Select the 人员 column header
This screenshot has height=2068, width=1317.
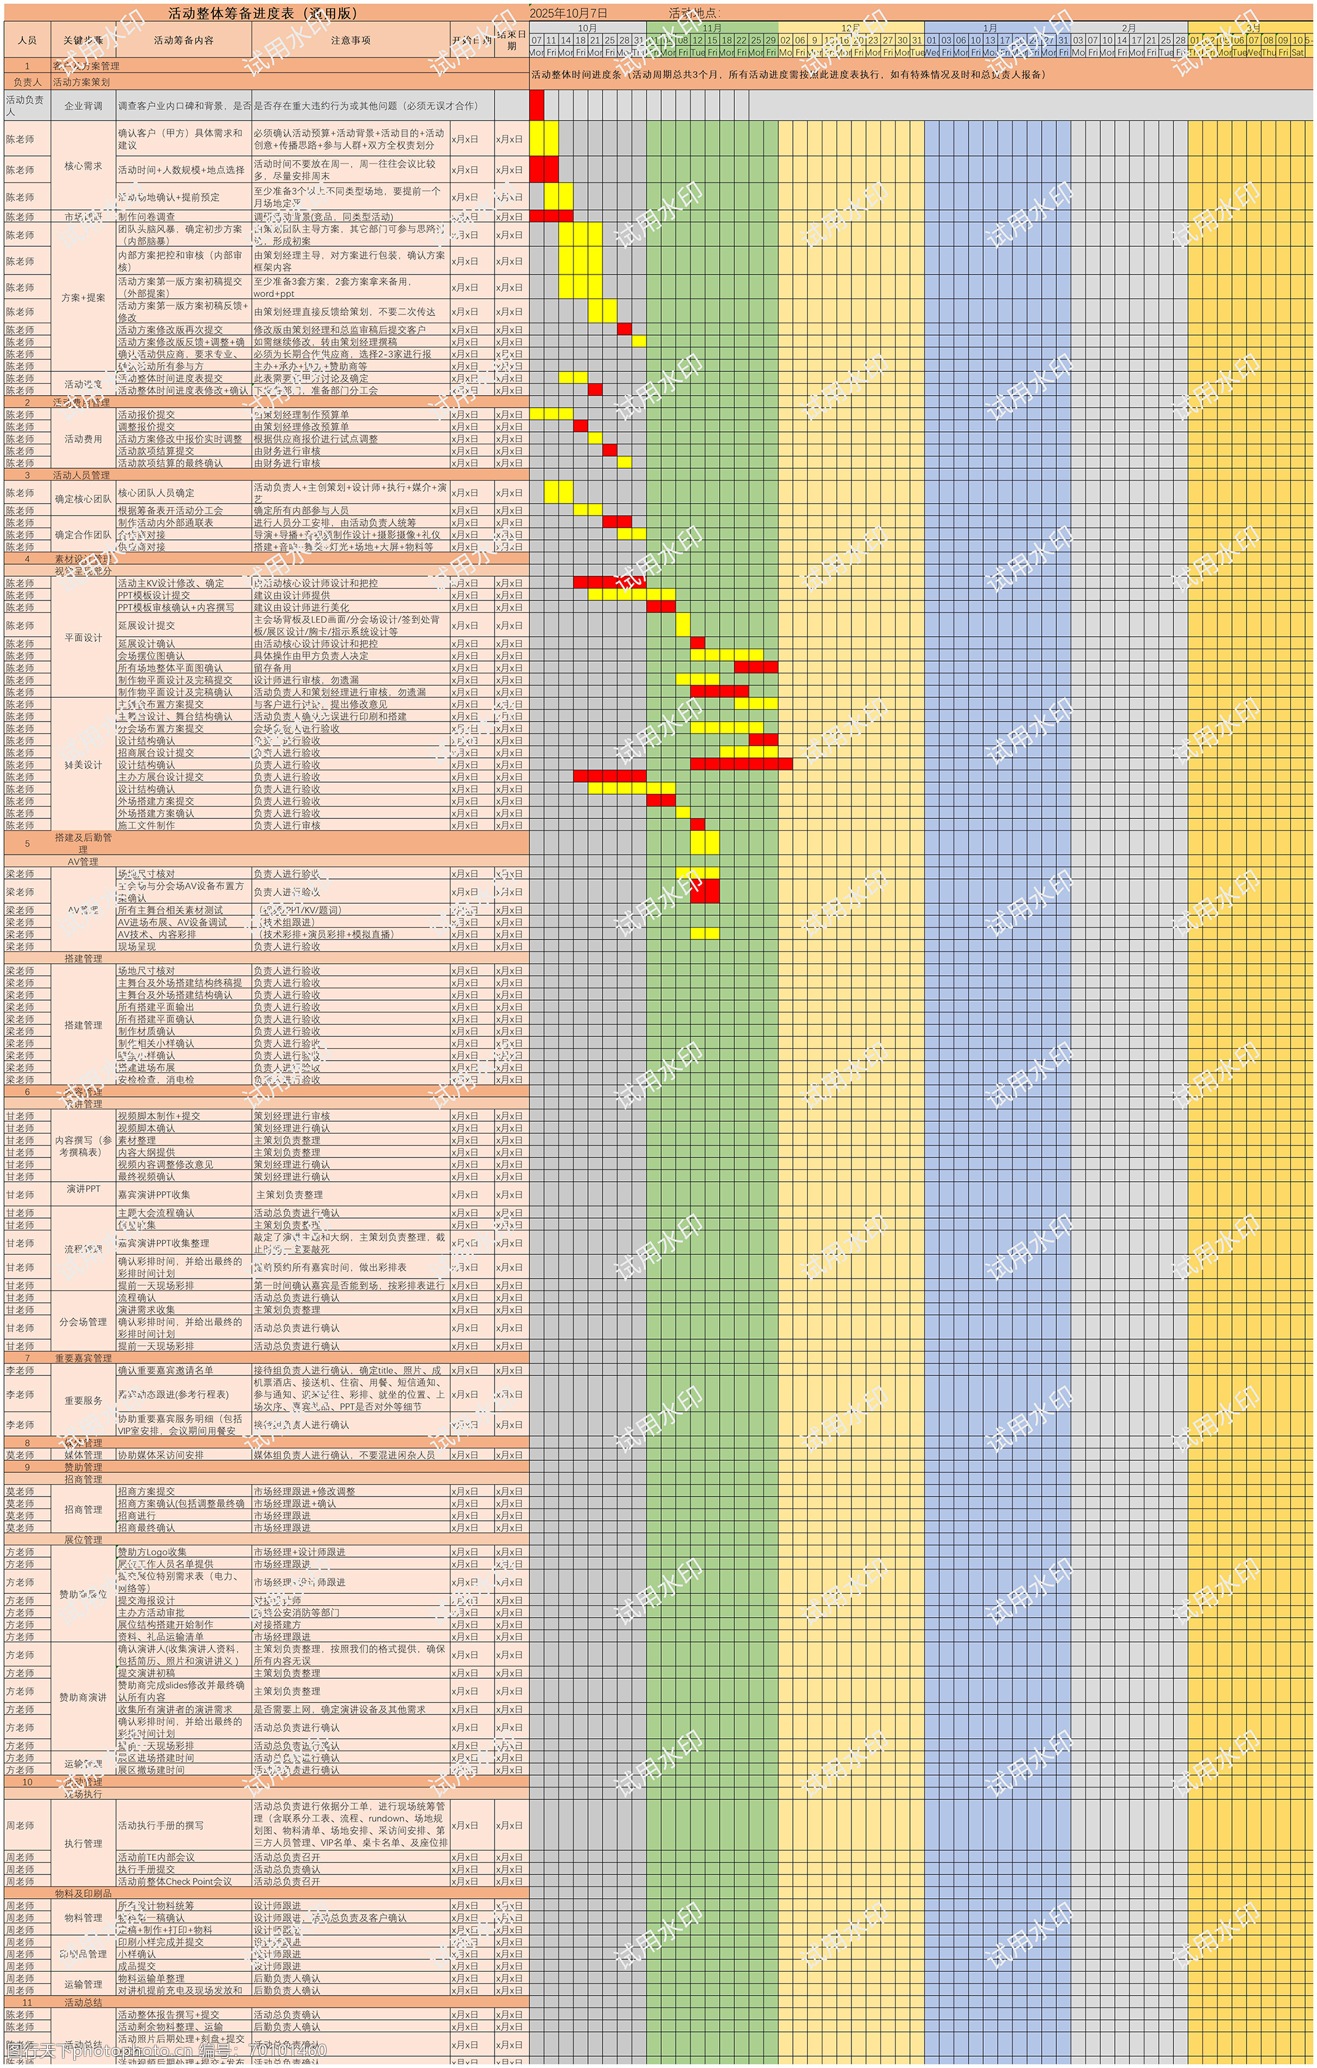(x=26, y=40)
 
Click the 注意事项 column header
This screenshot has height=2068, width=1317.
(x=350, y=40)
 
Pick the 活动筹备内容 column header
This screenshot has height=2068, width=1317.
(x=183, y=40)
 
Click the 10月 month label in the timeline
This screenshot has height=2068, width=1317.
(x=587, y=28)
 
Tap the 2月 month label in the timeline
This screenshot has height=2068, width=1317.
(x=1129, y=28)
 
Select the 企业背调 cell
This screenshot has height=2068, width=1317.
(x=84, y=105)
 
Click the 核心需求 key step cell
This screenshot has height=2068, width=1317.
(x=84, y=166)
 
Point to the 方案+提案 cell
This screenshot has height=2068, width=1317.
(x=84, y=297)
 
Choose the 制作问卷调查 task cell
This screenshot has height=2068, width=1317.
(x=147, y=217)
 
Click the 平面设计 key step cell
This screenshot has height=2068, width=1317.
(x=84, y=637)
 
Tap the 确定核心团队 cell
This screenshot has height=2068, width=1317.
(x=84, y=498)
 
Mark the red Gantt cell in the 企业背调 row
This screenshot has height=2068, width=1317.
(x=536, y=105)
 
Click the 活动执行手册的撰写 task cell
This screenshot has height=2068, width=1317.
(x=161, y=1825)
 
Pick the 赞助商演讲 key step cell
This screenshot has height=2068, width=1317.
(x=84, y=1697)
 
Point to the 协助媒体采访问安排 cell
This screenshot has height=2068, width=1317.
(x=161, y=1455)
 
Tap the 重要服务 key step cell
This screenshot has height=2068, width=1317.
(x=84, y=1400)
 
